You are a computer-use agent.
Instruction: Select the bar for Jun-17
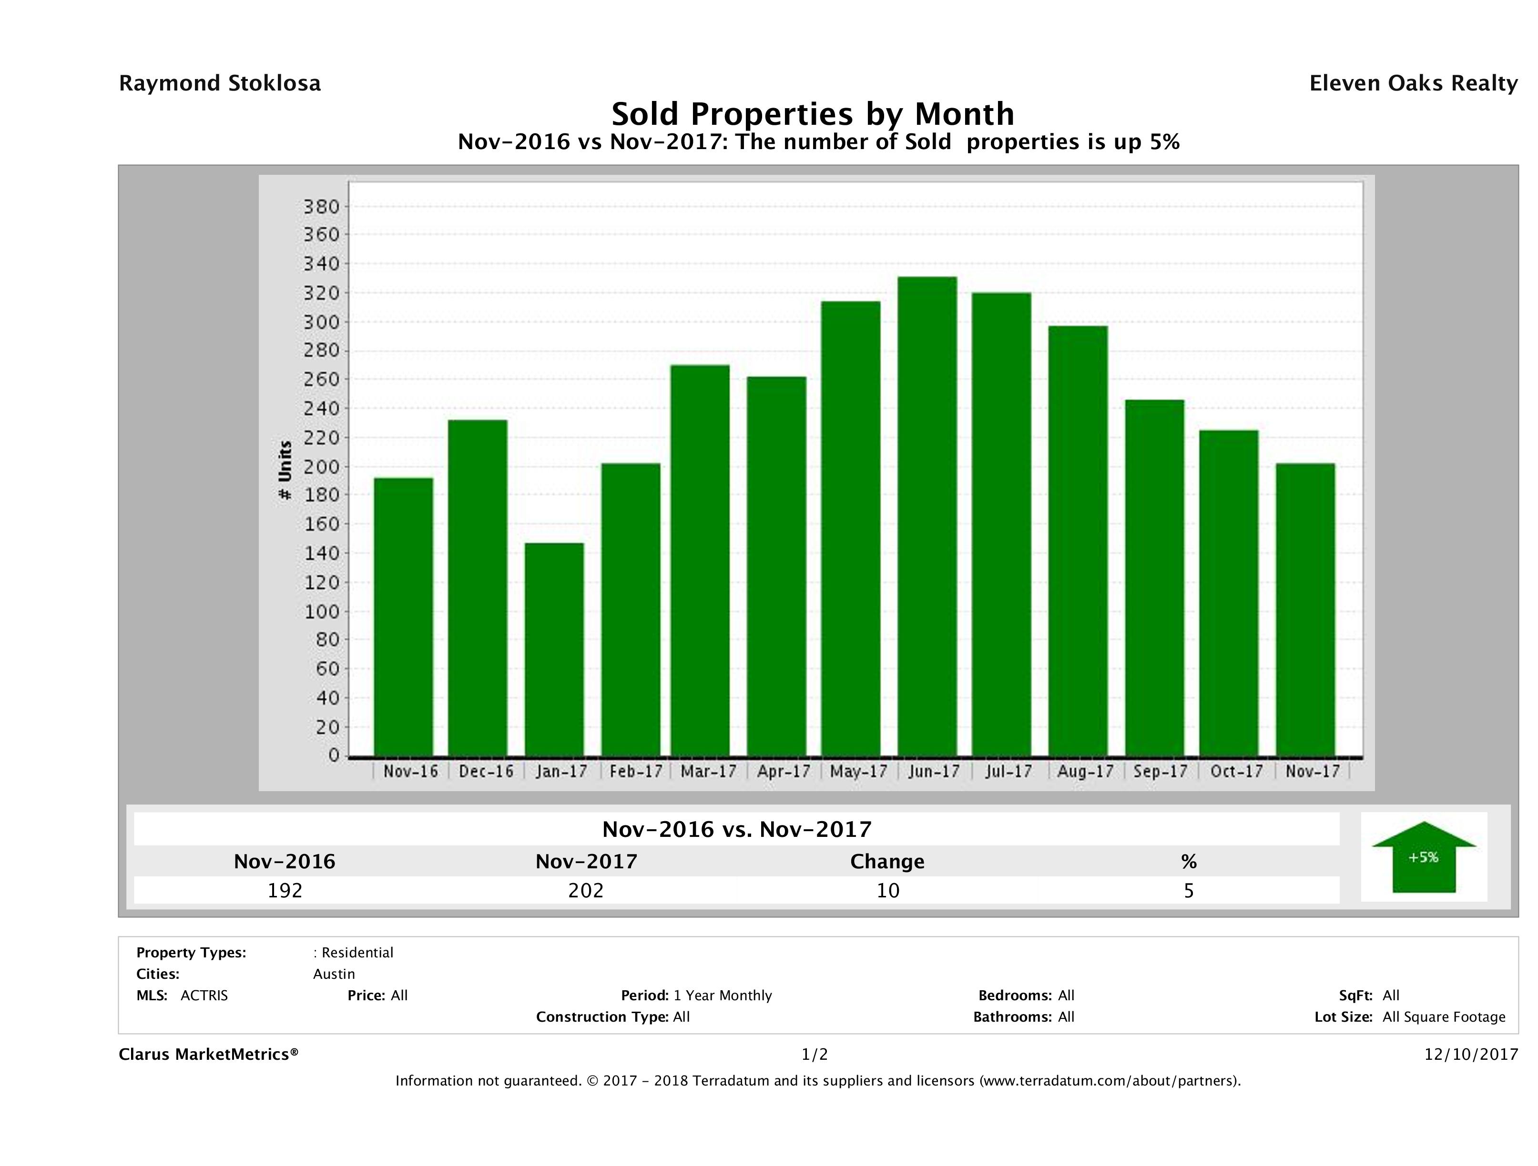pos(927,516)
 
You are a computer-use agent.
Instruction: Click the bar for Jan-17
pos(554,649)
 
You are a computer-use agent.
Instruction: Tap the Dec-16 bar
pos(478,588)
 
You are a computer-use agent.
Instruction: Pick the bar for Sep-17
pos(1154,577)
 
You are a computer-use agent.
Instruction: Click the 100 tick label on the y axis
pos(321,612)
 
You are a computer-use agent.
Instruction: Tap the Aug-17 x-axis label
pos(1085,771)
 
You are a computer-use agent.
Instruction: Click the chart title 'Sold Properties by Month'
pos(812,114)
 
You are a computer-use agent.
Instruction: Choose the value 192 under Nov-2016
pos(285,890)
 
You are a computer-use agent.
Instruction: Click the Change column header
pos(887,862)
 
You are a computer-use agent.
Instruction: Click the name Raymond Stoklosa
pos(220,83)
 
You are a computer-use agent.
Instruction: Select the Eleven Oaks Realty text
pos(1413,83)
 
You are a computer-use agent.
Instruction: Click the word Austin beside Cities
pos(334,974)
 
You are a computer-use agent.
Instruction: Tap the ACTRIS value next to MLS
pos(204,996)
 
